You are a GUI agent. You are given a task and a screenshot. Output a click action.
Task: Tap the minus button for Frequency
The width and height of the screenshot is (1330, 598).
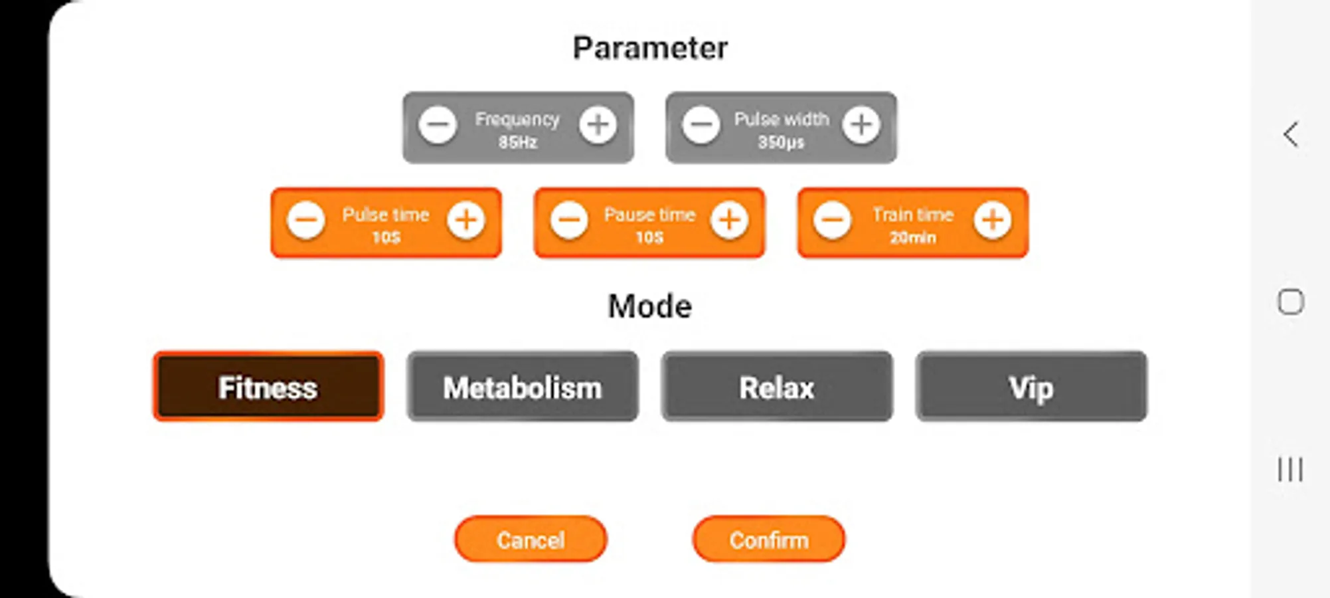[x=438, y=124]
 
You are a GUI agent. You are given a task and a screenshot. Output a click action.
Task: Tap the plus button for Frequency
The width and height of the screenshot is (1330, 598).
[x=598, y=124]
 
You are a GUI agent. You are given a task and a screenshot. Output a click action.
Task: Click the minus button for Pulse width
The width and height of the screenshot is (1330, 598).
[x=701, y=124]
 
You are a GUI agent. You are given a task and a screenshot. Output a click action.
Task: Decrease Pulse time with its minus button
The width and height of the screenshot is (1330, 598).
[x=306, y=220]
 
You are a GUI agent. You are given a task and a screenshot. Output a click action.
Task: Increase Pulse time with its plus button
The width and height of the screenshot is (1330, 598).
[x=466, y=220]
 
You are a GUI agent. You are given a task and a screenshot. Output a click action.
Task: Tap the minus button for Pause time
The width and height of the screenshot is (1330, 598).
[x=570, y=220]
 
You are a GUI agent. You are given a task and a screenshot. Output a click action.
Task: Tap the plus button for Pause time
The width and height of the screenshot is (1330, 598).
[x=730, y=220]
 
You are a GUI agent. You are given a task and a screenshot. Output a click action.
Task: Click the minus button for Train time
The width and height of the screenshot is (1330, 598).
[x=833, y=220]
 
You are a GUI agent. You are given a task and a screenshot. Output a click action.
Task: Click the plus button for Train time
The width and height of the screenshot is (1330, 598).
[x=993, y=220]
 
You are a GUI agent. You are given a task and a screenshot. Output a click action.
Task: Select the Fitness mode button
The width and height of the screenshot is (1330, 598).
[x=268, y=387]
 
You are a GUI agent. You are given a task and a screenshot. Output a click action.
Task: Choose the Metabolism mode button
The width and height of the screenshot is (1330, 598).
[x=523, y=387]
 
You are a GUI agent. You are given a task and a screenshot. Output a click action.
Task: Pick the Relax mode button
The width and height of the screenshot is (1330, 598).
[x=777, y=387]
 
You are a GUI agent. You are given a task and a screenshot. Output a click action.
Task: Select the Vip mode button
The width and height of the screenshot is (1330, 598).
[x=1031, y=387]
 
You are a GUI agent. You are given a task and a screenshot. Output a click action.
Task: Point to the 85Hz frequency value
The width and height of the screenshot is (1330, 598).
[x=518, y=142]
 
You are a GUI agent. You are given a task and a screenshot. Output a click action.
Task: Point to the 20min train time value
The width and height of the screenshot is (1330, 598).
[x=913, y=238]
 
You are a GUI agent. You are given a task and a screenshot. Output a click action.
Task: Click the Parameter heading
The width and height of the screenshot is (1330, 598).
[x=650, y=48]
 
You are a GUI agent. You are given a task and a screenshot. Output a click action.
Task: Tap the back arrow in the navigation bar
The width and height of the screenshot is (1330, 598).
[x=1290, y=134]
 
